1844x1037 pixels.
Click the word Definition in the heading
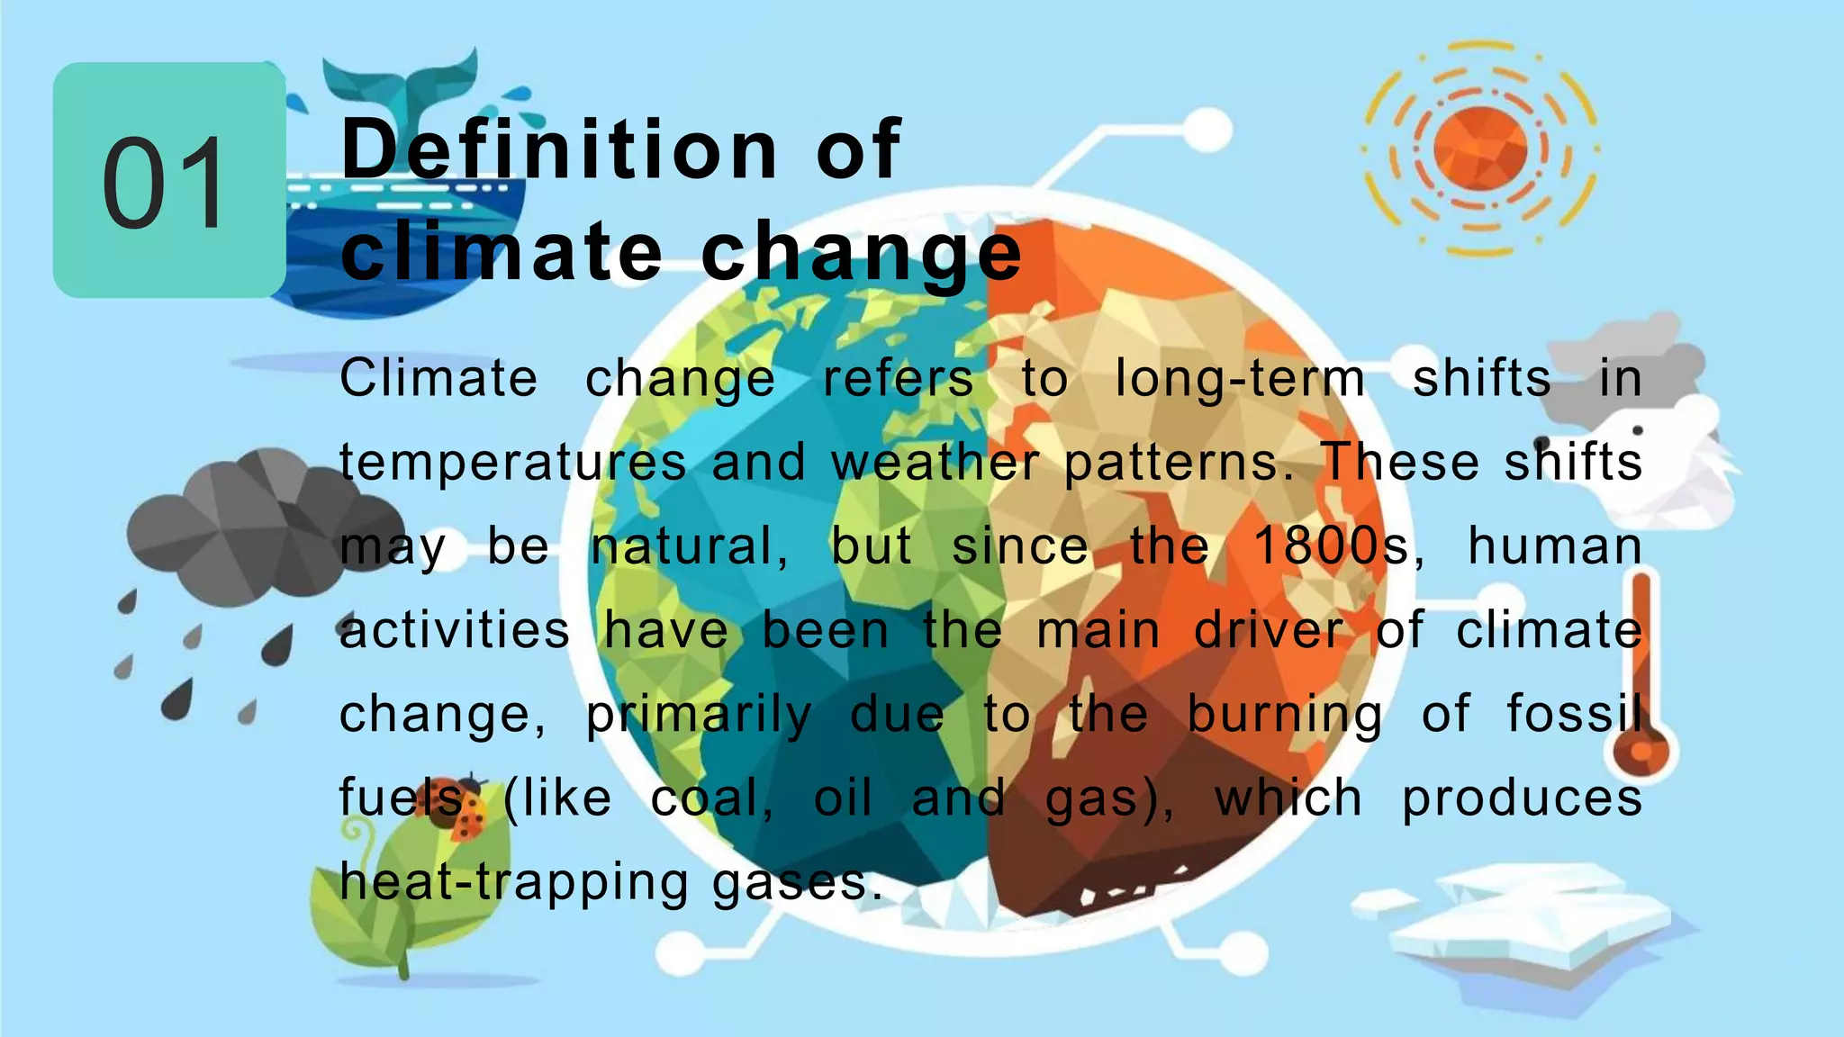(559, 149)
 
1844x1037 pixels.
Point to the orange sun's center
(1479, 147)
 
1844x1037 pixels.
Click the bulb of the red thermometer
(1641, 752)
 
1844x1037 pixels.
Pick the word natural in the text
(690, 546)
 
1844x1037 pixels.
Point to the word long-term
(1240, 378)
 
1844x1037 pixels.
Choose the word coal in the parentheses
(710, 798)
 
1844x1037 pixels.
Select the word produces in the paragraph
(1522, 798)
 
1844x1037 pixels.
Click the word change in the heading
(862, 253)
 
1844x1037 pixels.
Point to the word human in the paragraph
(1555, 546)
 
